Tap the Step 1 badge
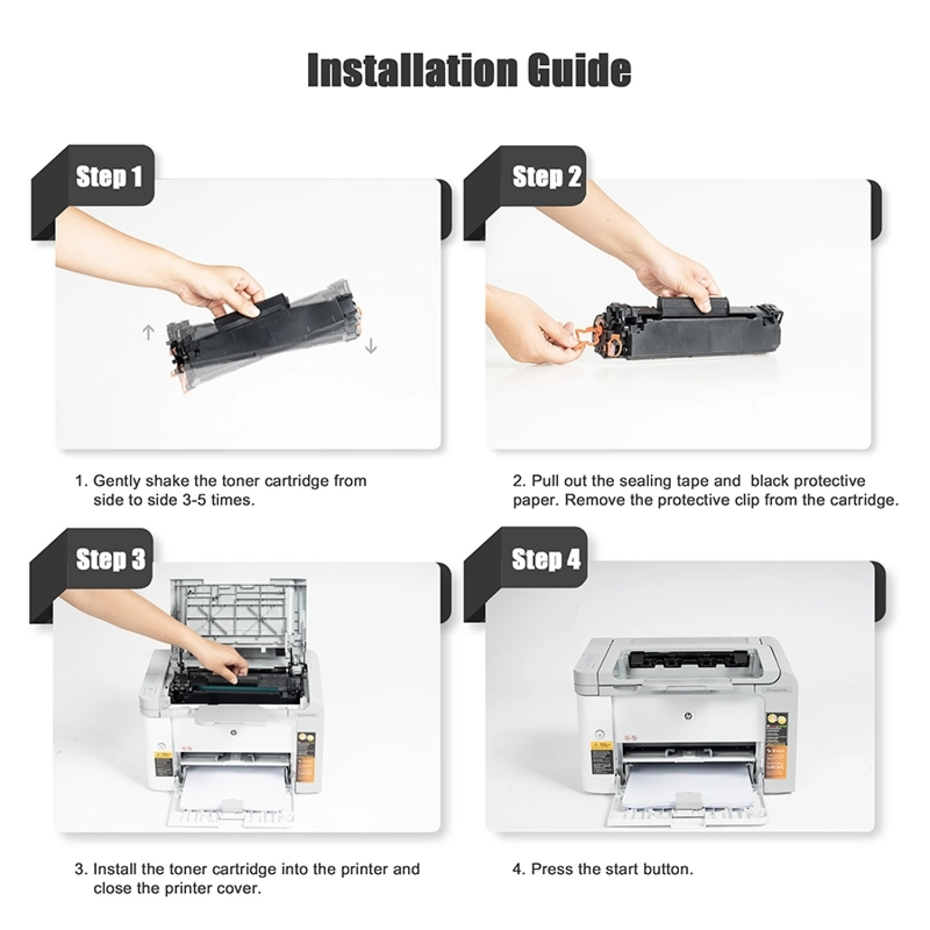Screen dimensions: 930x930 coord(109,177)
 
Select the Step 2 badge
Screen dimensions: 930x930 coord(546,177)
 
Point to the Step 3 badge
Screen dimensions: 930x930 coord(110,559)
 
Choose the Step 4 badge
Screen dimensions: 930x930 coord(546,559)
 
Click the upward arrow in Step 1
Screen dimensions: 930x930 coord(148,333)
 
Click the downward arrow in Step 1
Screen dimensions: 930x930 coord(371,345)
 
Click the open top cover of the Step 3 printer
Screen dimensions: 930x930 coord(238,614)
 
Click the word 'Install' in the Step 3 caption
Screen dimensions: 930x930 coord(115,869)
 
